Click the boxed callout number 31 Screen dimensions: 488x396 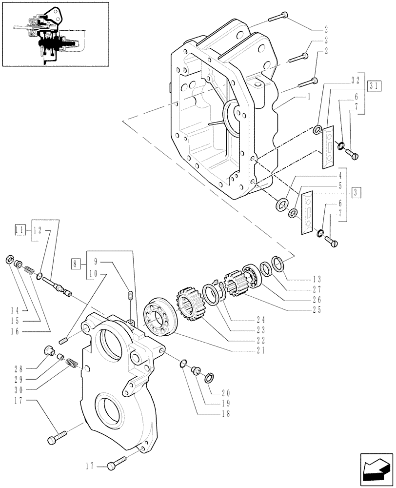tap(374, 85)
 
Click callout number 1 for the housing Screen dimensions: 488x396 tap(309, 97)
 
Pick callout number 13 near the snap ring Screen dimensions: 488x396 tap(317, 279)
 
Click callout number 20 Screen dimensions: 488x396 tap(226, 392)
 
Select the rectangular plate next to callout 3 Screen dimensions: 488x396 tap(308, 214)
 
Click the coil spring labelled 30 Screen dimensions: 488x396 tap(72, 363)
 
